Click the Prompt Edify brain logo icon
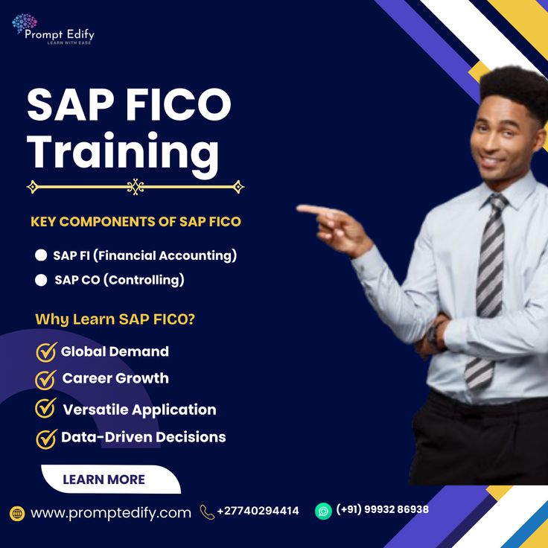[x=24, y=25]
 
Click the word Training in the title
[x=124, y=151]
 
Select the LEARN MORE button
[x=103, y=479]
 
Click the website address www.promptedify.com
[x=111, y=512]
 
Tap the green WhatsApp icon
[x=323, y=511]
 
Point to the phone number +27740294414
[x=258, y=511]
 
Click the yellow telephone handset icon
[x=207, y=512]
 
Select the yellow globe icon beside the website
[x=17, y=513]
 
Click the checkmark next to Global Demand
[x=46, y=351]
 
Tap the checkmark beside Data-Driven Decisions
[x=46, y=438]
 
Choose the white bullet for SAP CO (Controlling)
[x=41, y=280]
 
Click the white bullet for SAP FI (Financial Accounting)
[x=41, y=255]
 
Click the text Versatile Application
[x=139, y=410]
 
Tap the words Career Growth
[x=115, y=378]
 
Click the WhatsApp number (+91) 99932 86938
[x=383, y=510]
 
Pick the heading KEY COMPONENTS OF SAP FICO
[x=136, y=222]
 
